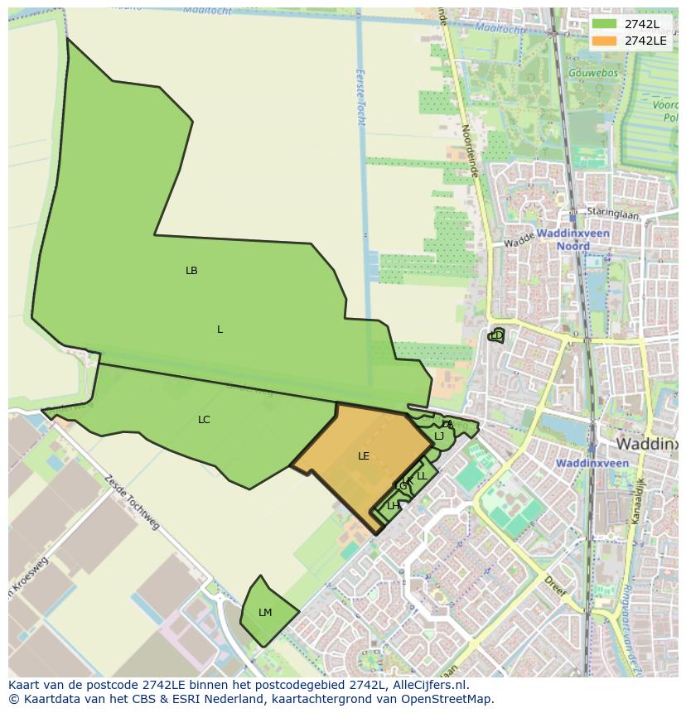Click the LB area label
coord(191,271)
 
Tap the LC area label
coord(204,420)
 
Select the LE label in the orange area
coord(364,456)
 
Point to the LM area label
coord(265,613)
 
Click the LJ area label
coord(439,436)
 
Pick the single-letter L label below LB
coord(220,330)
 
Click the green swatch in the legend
coord(605,23)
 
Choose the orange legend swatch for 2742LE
coord(605,41)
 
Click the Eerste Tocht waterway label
coord(360,96)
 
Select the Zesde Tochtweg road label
coord(132,502)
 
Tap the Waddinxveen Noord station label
coord(572,240)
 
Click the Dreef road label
coord(556,587)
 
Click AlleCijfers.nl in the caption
coord(430,685)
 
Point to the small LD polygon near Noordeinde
coord(496,335)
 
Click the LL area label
coord(422,476)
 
